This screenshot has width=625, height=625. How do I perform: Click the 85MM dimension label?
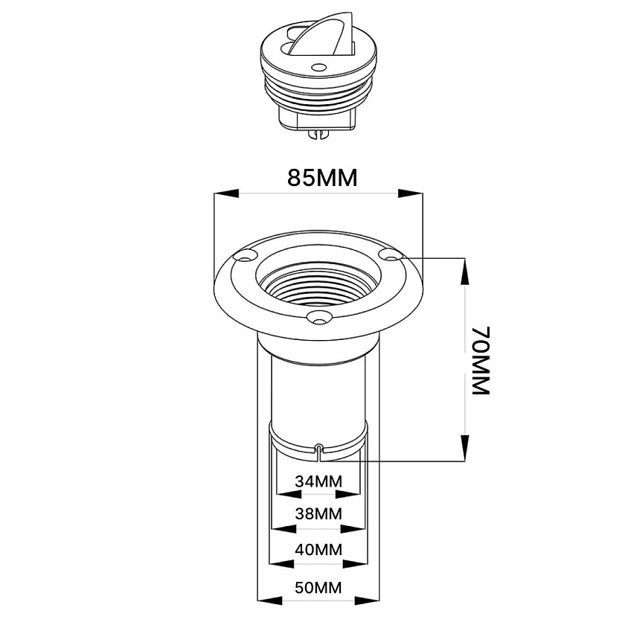point(322,178)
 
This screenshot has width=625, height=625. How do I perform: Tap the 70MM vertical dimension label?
point(481,361)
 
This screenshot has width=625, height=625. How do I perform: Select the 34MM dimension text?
point(318,481)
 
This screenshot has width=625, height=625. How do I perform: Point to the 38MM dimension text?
point(318,514)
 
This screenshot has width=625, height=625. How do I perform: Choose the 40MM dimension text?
point(318,550)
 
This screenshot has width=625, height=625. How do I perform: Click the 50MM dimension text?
point(318,588)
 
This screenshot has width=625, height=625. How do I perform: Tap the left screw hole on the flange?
point(244,256)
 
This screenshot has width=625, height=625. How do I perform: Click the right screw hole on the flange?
point(391,254)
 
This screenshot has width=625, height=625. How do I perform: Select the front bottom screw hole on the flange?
point(319,318)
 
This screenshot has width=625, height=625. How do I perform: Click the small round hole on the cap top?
point(319,68)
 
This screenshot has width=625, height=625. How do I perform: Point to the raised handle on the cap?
point(322,34)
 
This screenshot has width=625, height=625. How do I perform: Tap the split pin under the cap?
point(318,135)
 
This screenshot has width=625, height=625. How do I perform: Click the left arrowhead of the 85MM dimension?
point(226,193)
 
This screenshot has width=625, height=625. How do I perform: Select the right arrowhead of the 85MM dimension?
point(411,193)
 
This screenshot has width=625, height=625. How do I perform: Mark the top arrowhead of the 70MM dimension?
point(465,272)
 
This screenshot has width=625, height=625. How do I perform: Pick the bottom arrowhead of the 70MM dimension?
point(465,448)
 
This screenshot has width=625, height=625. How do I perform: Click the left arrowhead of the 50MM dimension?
point(269,600)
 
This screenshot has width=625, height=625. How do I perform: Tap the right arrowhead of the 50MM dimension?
point(367,600)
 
